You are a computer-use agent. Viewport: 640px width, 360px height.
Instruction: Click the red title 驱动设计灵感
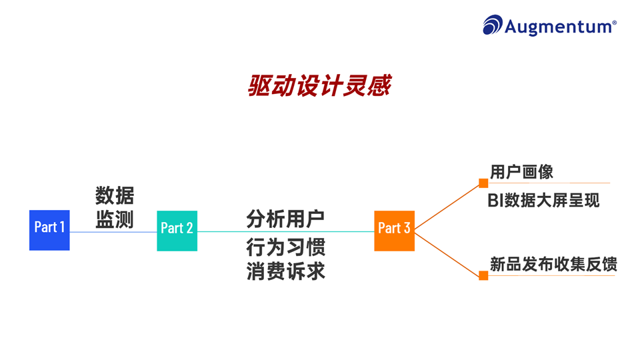(319, 86)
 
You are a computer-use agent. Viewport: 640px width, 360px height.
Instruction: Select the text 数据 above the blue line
(115, 196)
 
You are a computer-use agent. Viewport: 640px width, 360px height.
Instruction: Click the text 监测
(115, 219)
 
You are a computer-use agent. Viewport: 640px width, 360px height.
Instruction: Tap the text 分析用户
(285, 218)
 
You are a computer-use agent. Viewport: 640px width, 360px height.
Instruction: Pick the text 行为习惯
(285, 248)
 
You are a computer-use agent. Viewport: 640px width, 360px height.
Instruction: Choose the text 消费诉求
(285, 272)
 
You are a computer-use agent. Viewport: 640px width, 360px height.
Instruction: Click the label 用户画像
(521, 172)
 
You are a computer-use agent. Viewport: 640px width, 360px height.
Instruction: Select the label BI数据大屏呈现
(543, 200)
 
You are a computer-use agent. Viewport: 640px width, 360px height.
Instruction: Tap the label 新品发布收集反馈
(553, 264)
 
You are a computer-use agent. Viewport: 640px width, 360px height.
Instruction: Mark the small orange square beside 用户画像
(483, 183)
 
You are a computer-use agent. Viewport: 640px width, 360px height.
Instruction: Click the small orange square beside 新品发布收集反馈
(483, 275)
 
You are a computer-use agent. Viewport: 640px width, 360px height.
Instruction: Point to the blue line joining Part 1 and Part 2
(113, 232)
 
